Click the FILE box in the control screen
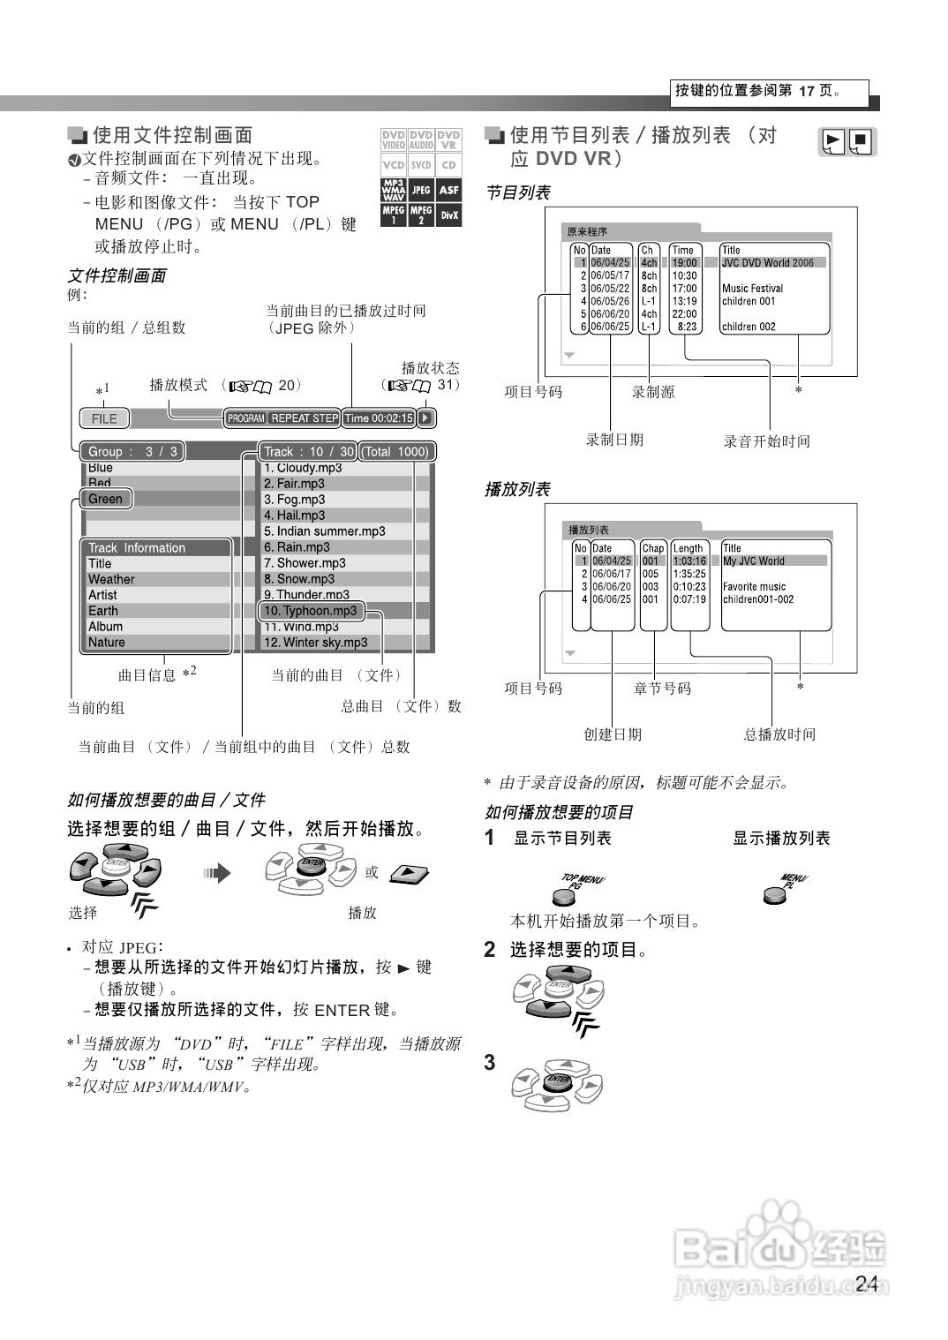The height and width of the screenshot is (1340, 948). [x=104, y=418]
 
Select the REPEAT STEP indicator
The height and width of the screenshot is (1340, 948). [x=305, y=418]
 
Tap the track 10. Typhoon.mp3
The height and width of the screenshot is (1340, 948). [x=310, y=611]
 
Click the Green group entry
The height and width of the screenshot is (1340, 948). [x=106, y=499]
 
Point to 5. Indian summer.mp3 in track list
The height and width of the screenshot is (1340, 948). [x=324, y=531]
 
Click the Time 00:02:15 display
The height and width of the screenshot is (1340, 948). [x=379, y=418]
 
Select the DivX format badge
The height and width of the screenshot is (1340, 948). [x=449, y=215]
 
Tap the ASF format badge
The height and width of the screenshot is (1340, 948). [x=449, y=190]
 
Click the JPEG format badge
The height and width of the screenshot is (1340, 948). [x=421, y=190]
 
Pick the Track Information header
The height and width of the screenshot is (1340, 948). [x=137, y=548]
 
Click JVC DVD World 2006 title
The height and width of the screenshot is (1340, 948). [x=768, y=263]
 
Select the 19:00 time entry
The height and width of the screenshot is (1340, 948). [x=684, y=263]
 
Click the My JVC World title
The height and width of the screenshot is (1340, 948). [x=754, y=561]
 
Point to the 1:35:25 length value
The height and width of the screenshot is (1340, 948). [x=689, y=574]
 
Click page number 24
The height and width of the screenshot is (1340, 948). [x=867, y=1284]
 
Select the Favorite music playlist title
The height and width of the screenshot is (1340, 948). [x=754, y=587]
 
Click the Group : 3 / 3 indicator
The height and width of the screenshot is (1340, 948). [x=132, y=452]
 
